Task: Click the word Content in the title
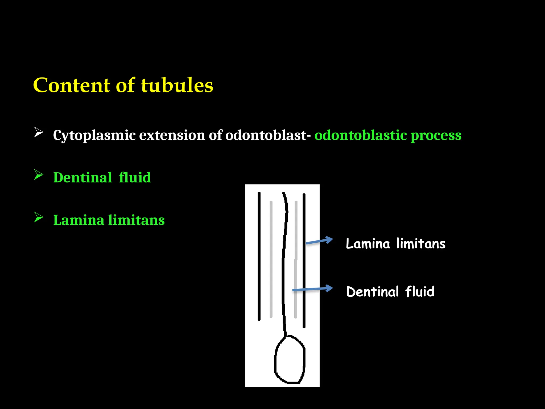click(x=71, y=85)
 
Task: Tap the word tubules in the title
click(x=177, y=85)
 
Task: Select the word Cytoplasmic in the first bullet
click(x=94, y=135)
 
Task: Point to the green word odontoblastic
click(x=361, y=135)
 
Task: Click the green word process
click(x=436, y=136)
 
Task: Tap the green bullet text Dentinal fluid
click(x=102, y=178)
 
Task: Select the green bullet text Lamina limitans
click(x=109, y=220)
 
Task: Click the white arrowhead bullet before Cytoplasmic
click(x=39, y=132)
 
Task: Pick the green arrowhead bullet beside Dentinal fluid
click(x=39, y=175)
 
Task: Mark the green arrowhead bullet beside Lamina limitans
click(x=39, y=217)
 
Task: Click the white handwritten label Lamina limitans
click(x=395, y=244)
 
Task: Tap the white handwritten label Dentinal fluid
click(x=390, y=292)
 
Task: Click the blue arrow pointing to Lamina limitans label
click(x=319, y=241)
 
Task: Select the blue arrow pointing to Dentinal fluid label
click(x=313, y=289)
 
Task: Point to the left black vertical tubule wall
click(x=259, y=256)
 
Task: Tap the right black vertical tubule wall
click(x=304, y=261)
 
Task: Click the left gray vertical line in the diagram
click(x=271, y=260)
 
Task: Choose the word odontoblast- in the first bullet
click(x=268, y=135)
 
